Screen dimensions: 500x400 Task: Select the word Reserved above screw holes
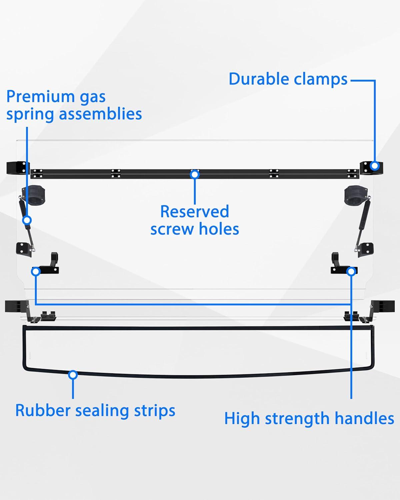pyautogui.click(x=195, y=212)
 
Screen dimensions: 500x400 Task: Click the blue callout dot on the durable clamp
pyautogui.click(x=375, y=166)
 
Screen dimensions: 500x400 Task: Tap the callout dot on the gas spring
pyautogui.click(x=27, y=220)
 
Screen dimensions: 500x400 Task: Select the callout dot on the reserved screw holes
pyautogui.click(x=195, y=174)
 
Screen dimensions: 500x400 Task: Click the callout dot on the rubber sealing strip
pyautogui.click(x=73, y=375)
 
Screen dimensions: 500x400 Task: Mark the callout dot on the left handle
pyautogui.click(x=36, y=271)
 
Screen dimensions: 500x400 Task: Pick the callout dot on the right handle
pyautogui.click(x=351, y=271)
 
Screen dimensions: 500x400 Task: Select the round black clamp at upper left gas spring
pyautogui.click(x=34, y=196)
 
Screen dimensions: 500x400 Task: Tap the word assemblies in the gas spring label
pyautogui.click(x=100, y=114)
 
